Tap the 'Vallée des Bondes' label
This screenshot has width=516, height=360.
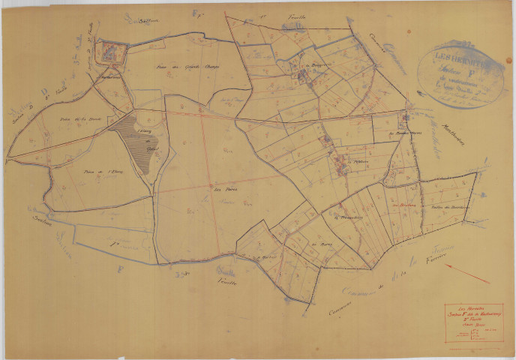448,207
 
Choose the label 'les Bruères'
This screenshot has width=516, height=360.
403,205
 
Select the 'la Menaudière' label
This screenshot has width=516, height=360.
334,217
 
